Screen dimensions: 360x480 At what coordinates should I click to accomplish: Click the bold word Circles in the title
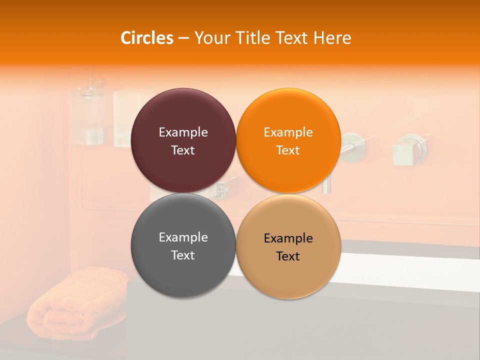(x=147, y=38)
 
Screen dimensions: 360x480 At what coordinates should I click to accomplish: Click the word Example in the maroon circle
(x=183, y=132)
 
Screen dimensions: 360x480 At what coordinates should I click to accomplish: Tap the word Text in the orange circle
(x=288, y=150)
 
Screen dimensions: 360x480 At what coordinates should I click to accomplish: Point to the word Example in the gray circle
(x=183, y=237)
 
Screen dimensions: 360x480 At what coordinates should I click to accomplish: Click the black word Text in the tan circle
(x=288, y=256)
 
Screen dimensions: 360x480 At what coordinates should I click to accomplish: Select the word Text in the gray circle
(x=183, y=255)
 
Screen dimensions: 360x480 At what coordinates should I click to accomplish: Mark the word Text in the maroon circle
(x=183, y=150)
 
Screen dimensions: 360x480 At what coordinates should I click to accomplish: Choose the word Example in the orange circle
(x=288, y=132)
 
